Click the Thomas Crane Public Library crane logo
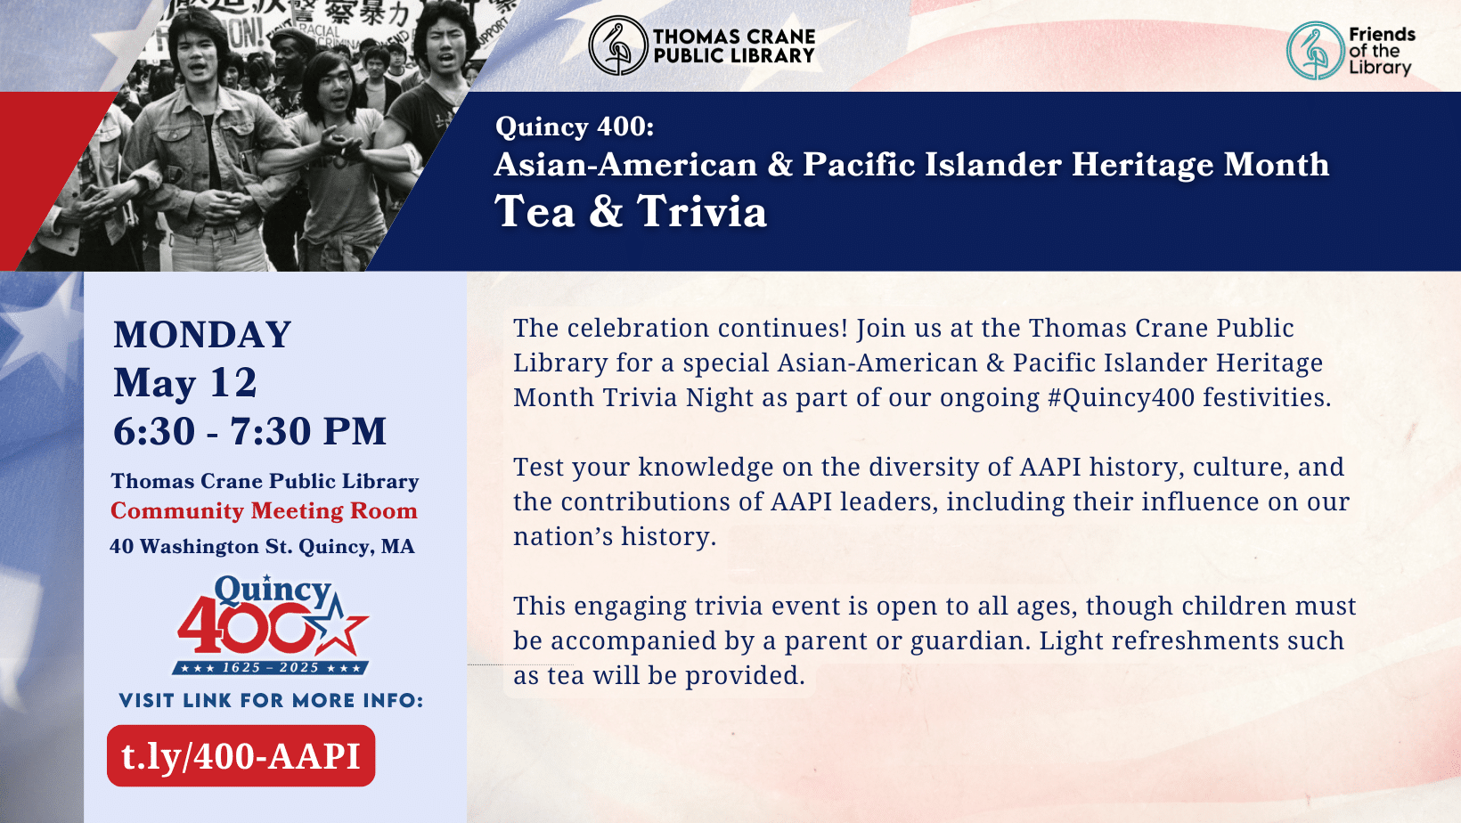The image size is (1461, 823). (x=617, y=45)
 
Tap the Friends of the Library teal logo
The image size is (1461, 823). (x=1315, y=51)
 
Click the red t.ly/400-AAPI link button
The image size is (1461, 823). (x=241, y=756)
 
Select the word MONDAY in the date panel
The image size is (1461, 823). (x=202, y=335)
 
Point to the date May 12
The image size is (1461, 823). (x=185, y=383)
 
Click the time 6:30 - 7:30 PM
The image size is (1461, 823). (x=249, y=432)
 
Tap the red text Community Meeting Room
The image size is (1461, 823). (x=264, y=511)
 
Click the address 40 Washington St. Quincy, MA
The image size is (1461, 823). (x=262, y=547)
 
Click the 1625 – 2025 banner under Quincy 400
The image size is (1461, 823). (x=271, y=667)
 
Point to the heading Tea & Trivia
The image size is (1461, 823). (x=631, y=212)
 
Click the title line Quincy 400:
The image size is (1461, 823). (x=575, y=126)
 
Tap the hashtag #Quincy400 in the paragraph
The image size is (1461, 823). (x=1121, y=398)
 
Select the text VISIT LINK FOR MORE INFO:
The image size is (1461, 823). (x=271, y=701)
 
